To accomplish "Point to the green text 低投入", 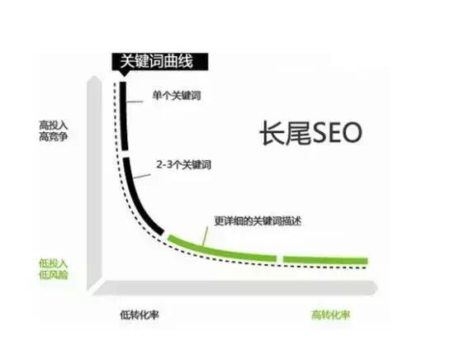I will pyautogui.click(x=50, y=263).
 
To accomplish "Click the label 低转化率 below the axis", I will pyautogui.click(x=137, y=315).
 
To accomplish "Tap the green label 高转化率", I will pyautogui.click(x=329, y=315).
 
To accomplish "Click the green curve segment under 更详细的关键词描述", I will pyautogui.click(x=223, y=249).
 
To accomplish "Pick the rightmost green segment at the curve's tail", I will pyautogui.click(x=326, y=260).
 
